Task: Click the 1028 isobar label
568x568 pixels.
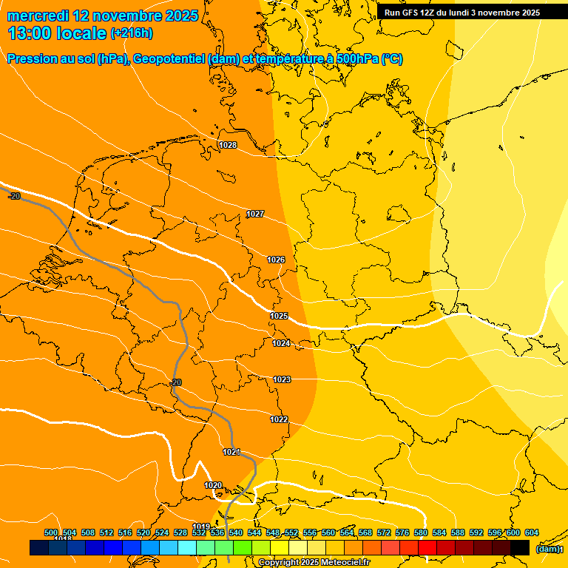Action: point(228,145)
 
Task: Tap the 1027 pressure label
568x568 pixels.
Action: point(255,214)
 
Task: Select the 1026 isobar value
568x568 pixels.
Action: point(276,260)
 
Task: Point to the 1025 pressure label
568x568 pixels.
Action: point(279,316)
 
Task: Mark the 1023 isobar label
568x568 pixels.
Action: point(282,379)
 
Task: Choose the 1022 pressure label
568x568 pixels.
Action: point(279,419)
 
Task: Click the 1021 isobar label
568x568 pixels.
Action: point(231,452)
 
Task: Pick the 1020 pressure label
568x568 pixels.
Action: point(213,485)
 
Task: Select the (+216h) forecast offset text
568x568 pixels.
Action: point(132,33)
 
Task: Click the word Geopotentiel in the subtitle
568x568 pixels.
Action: point(169,59)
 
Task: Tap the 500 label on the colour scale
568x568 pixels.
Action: point(51,532)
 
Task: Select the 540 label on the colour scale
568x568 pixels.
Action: point(236,532)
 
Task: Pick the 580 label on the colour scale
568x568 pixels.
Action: point(421,532)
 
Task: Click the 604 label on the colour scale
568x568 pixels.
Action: point(532,532)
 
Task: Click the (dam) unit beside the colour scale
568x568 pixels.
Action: point(548,550)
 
